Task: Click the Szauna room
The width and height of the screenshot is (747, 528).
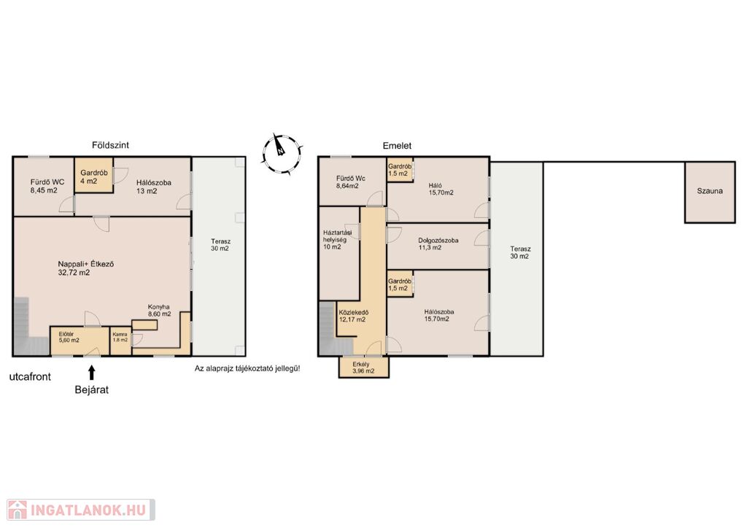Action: pyautogui.click(x=710, y=192)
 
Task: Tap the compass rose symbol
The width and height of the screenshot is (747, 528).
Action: pyautogui.click(x=281, y=152)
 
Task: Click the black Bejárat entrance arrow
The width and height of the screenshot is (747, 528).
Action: pyautogui.click(x=91, y=372)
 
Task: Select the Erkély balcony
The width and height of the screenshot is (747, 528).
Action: pyautogui.click(x=364, y=367)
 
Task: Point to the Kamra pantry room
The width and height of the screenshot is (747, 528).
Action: pyautogui.click(x=120, y=341)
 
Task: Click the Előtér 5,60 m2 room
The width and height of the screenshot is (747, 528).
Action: pyautogui.click(x=80, y=341)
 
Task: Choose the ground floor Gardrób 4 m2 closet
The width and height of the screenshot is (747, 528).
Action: pyautogui.click(x=93, y=175)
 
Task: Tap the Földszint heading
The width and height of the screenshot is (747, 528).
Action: pyautogui.click(x=111, y=145)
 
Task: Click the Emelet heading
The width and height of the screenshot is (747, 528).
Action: pyautogui.click(x=397, y=146)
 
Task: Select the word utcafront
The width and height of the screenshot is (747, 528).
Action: pyautogui.click(x=30, y=376)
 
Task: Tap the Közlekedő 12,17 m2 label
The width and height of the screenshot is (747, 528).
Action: pyautogui.click(x=354, y=316)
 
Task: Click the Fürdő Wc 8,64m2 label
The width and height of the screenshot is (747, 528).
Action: pyautogui.click(x=351, y=182)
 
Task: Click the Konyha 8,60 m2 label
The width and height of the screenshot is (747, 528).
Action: pyautogui.click(x=159, y=311)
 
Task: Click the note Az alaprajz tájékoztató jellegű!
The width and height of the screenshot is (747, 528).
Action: pyautogui.click(x=247, y=368)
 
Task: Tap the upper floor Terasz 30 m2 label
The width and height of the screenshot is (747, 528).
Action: pyautogui.click(x=519, y=252)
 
